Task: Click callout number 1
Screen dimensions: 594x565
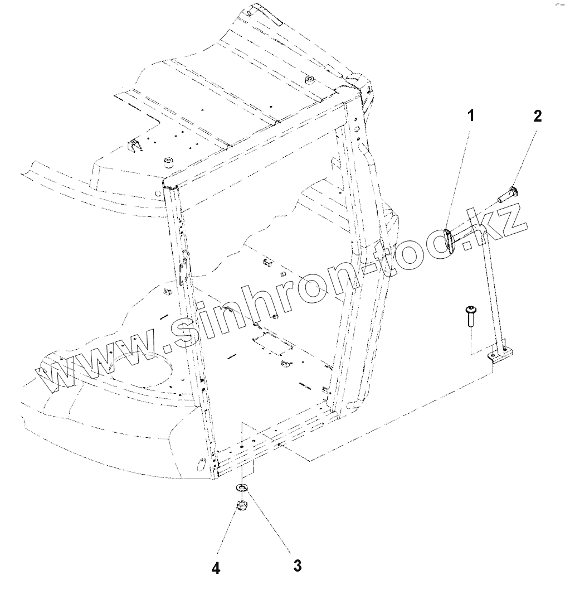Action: pos(471,116)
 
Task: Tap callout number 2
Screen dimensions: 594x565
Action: pos(537,116)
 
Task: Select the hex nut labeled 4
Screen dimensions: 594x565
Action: pos(241,506)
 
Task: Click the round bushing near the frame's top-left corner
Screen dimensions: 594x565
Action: pos(167,162)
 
